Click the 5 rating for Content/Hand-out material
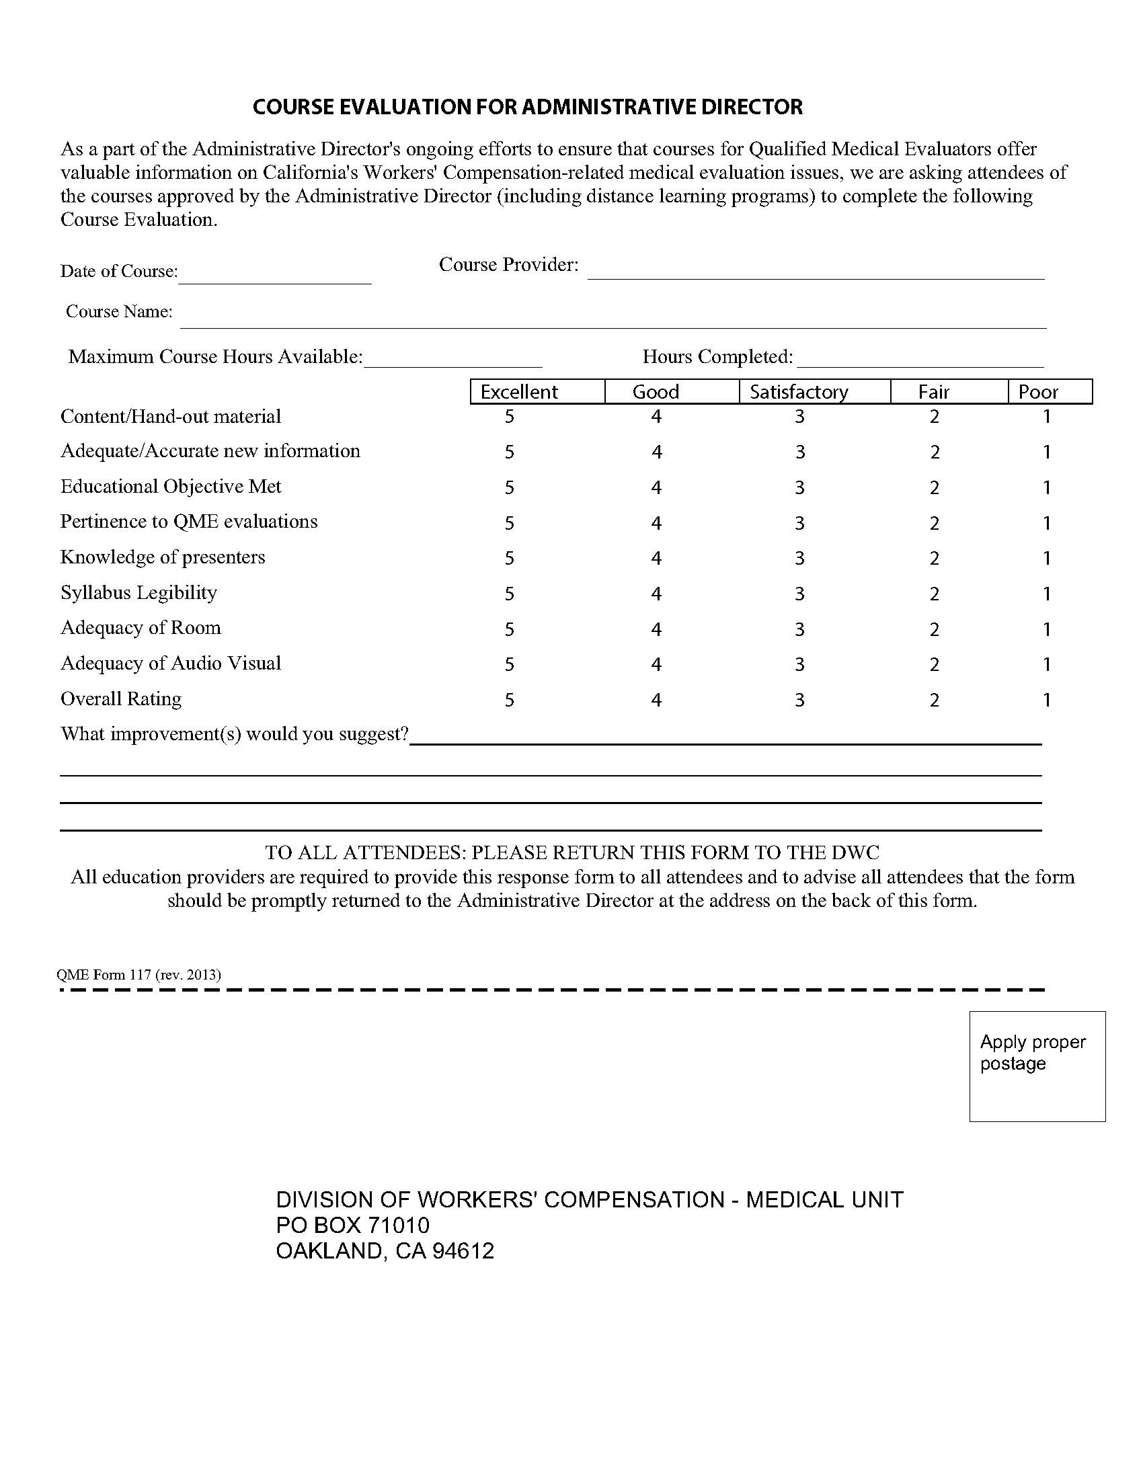click(x=509, y=417)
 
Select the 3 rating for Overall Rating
click(x=799, y=700)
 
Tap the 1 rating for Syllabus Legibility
click(x=1046, y=594)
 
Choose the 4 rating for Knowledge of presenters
click(x=656, y=558)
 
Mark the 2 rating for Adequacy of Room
click(x=935, y=629)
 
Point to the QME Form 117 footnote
click(x=139, y=975)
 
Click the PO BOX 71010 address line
click(x=353, y=1225)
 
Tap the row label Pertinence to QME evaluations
click(x=189, y=522)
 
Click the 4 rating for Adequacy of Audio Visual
click(x=656, y=664)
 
